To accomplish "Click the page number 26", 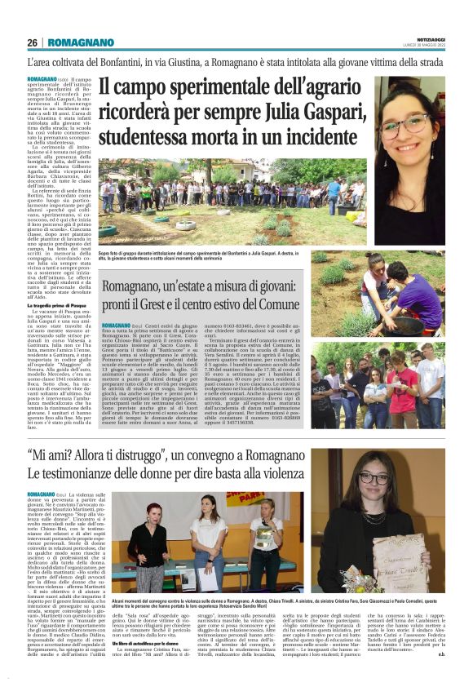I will [32, 42].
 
